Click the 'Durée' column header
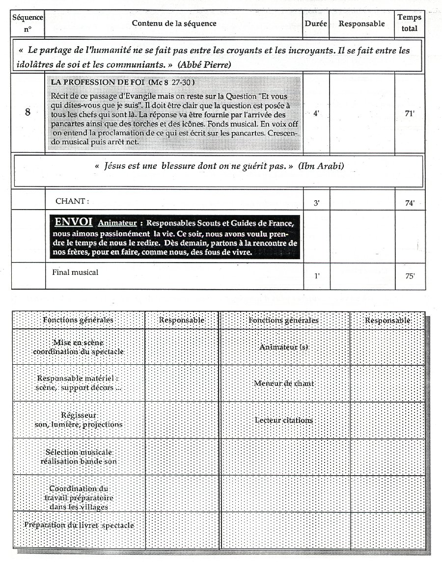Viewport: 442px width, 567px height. (x=316, y=24)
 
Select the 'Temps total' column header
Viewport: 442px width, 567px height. (x=409, y=23)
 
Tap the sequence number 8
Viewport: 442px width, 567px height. (x=28, y=112)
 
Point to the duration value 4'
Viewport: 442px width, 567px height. (x=316, y=113)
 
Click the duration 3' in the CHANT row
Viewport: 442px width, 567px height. (x=316, y=203)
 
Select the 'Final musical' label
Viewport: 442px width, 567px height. (x=75, y=272)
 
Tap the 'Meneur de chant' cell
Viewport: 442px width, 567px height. (x=284, y=383)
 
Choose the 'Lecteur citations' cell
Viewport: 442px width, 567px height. (x=284, y=420)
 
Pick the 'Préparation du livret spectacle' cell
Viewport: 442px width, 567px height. (x=79, y=525)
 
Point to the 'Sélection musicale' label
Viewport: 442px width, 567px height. (x=79, y=452)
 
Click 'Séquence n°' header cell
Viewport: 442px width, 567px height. (x=28, y=23)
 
